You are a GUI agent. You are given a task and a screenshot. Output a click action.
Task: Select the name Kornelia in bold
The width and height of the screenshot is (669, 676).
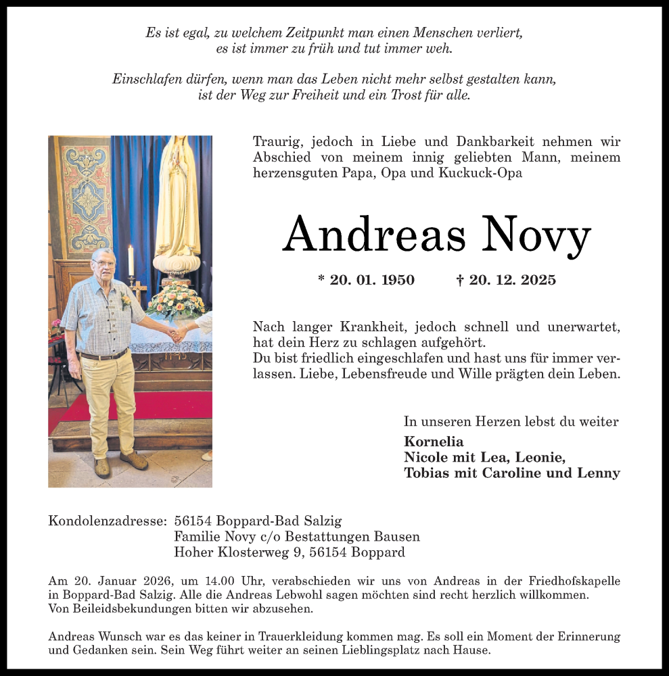pyautogui.click(x=434, y=441)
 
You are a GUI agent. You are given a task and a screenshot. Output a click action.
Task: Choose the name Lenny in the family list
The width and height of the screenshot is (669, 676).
pyautogui.click(x=598, y=473)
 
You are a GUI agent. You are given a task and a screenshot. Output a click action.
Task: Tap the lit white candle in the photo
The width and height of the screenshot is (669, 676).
pyautogui.click(x=131, y=261)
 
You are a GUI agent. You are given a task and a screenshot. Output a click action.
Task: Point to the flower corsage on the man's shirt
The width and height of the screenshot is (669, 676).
pyautogui.click(x=125, y=298)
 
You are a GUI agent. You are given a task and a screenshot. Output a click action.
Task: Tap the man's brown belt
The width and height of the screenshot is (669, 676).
pyautogui.click(x=103, y=356)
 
